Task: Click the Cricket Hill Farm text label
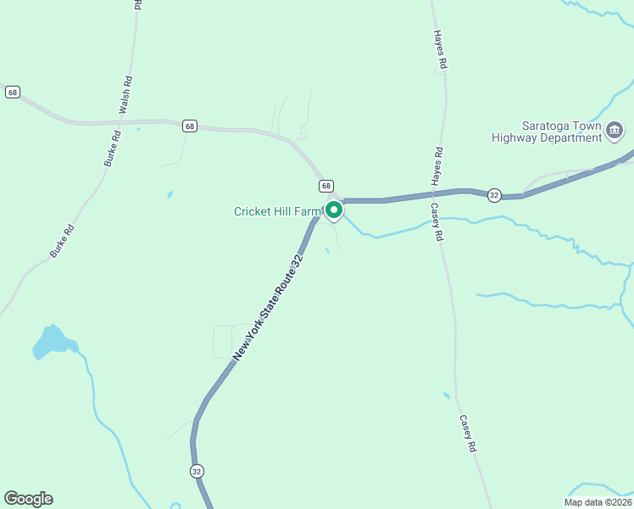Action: (x=279, y=211)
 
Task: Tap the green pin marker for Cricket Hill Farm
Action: (x=334, y=210)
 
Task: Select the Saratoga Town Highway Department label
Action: (x=549, y=131)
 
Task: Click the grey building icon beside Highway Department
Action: (x=615, y=131)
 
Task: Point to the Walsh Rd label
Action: (x=125, y=96)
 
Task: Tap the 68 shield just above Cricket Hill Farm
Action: (x=326, y=185)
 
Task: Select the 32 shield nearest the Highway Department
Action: (x=493, y=195)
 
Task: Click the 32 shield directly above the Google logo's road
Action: (x=197, y=471)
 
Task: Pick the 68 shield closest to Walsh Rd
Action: (x=189, y=126)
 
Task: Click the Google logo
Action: (x=28, y=499)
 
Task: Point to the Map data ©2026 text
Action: (x=598, y=502)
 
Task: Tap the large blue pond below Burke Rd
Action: (x=53, y=341)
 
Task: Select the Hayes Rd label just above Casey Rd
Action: (x=437, y=166)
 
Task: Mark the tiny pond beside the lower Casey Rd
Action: (x=447, y=395)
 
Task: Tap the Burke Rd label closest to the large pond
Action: (x=61, y=240)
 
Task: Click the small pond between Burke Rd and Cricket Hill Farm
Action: (x=170, y=194)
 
